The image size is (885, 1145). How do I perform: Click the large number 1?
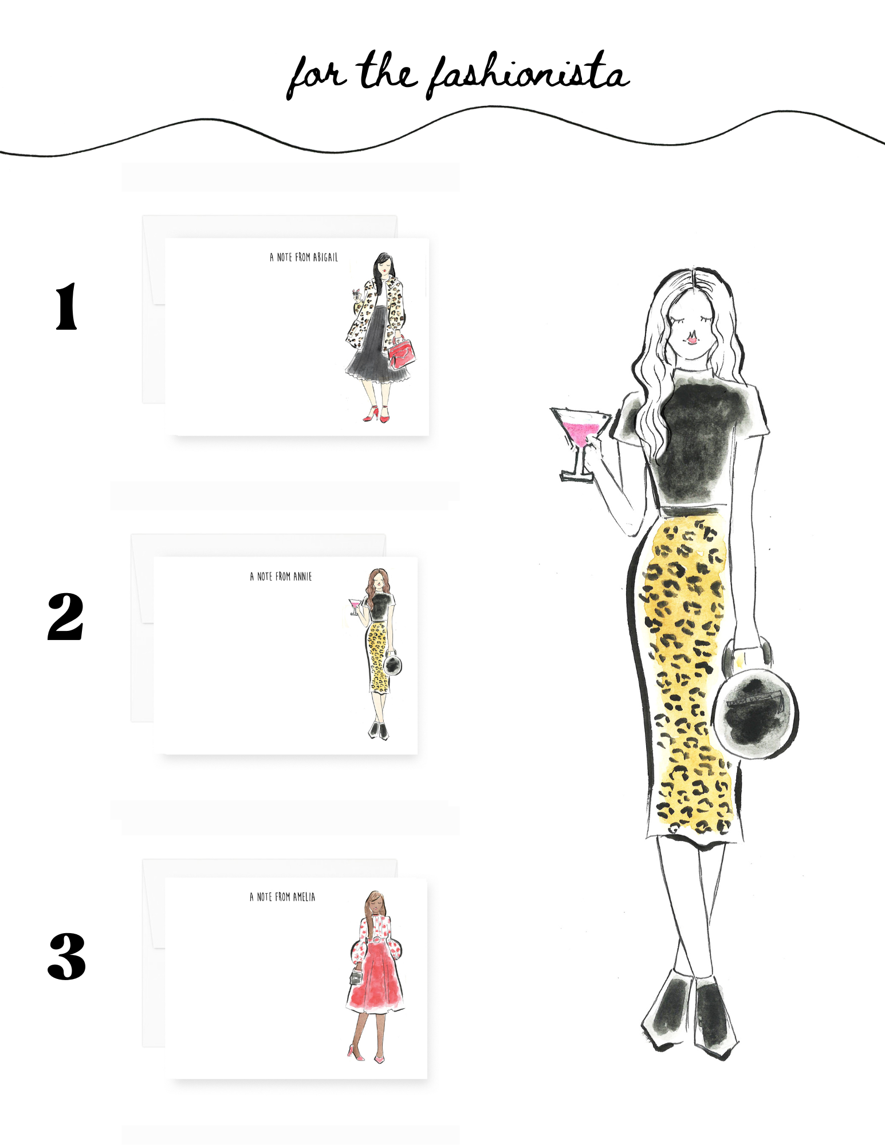click(x=66, y=306)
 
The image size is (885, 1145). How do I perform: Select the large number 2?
click(x=66, y=617)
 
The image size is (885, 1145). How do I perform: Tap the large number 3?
click(x=66, y=957)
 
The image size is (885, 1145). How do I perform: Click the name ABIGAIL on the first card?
click(x=325, y=258)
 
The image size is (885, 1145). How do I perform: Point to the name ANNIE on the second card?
click(x=302, y=577)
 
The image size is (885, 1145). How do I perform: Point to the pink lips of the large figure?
click(x=693, y=339)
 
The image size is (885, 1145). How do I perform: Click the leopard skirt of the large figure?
click(x=687, y=676)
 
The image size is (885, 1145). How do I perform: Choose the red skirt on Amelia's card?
click(x=375, y=976)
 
